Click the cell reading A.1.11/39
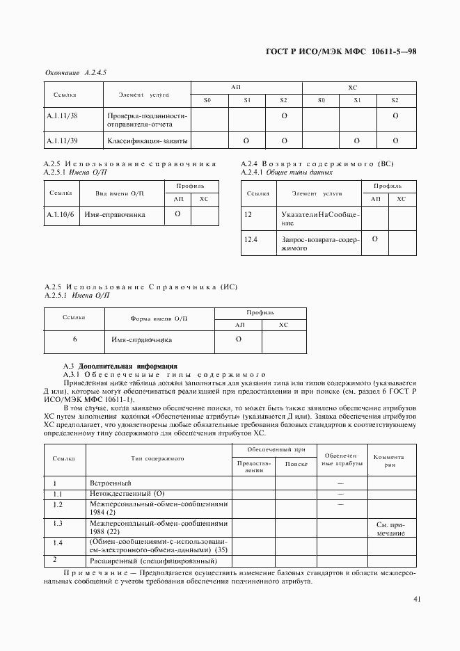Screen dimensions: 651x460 tap(62, 140)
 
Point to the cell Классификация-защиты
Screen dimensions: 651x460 tap(147, 140)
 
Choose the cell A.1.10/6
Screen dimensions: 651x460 tap(61, 215)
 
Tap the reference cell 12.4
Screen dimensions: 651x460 tap(251, 239)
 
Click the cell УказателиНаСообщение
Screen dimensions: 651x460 tap(320, 219)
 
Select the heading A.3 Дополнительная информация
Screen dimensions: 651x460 tap(120, 366)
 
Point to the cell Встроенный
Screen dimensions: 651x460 tap(111, 482)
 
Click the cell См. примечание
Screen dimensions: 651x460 tap(390, 528)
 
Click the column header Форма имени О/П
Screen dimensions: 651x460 tap(159, 319)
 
